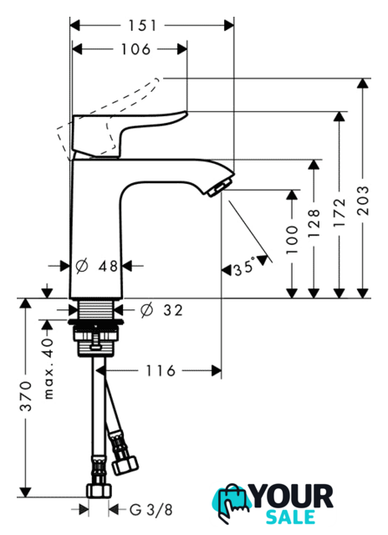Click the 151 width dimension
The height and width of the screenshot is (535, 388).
tap(142, 26)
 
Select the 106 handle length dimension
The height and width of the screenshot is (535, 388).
tap(135, 49)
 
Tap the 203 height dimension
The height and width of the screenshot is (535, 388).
tap(364, 200)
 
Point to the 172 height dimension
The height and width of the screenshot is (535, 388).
tap(339, 212)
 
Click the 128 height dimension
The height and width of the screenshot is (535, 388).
tap(314, 223)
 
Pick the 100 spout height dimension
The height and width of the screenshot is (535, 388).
tap(292, 239)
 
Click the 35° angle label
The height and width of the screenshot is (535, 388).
tap(244, 267)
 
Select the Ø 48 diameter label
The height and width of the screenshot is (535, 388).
tap(96, 266)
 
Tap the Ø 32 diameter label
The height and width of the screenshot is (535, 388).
tap(161, 310)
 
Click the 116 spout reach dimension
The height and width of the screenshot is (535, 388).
tap(161, 370)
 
